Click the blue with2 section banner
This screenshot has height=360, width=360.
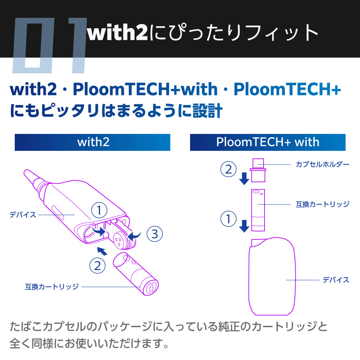92,142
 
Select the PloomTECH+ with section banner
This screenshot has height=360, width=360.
268,142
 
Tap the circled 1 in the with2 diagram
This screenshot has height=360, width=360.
99,210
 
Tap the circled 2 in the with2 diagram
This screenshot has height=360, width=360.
97,266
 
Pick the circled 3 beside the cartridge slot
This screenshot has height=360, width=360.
154,234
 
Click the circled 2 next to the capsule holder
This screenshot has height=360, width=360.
229,169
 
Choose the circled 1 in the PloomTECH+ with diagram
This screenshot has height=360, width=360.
229,219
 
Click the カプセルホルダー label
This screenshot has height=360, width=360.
322,165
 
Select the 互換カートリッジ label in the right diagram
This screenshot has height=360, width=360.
322,204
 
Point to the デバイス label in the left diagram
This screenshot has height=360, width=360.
23,215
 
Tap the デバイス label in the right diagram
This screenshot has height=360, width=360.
336,280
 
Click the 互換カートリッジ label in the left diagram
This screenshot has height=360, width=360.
51,287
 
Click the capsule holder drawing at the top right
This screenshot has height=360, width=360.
258,170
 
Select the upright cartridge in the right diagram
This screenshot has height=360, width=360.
258,210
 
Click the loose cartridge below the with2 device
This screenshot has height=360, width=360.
136,274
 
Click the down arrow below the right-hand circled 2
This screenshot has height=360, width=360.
244,179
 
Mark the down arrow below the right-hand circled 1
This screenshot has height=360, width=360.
244,226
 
